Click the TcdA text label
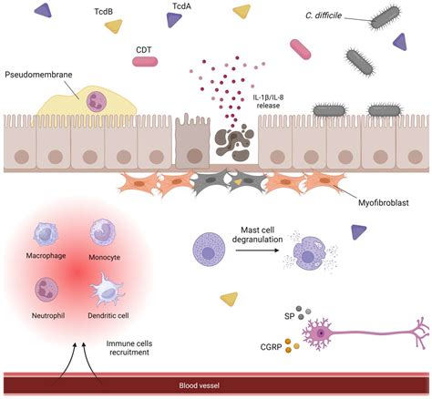pyautogui.click(x=181, y=6)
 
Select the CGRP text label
pyautogui.click(x=272, y=347)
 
